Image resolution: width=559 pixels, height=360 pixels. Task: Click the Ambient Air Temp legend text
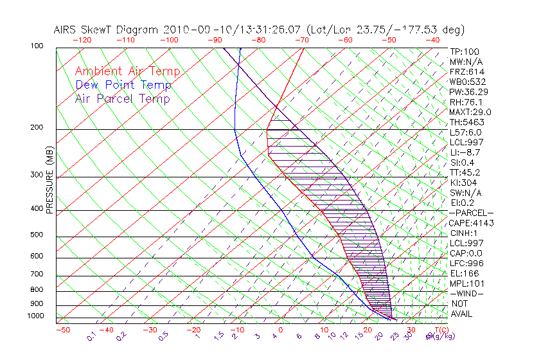point(127,71)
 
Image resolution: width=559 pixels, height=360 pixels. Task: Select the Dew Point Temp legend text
point(123,85)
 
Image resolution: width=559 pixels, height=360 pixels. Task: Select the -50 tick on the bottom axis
point(62,330)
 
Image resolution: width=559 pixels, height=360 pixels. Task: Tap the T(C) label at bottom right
point(439,329)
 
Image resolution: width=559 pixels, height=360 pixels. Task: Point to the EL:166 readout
point(463,273)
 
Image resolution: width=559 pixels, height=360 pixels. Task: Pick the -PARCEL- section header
point(471,213)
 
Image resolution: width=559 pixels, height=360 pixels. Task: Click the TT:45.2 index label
point(465,172)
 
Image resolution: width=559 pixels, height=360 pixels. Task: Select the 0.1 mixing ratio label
point(91,336)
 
